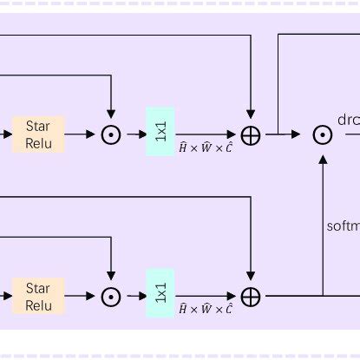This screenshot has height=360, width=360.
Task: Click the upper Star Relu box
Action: pyautogui.click(x=38, y=134)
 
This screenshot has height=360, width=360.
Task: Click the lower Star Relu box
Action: pyautogui.click(x=38, y=296)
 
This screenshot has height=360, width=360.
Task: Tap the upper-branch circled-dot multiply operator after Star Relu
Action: pyautogui.click(x=111, y=134)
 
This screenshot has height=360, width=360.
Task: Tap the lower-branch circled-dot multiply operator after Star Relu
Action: pyautogui.click(x=111, y=296)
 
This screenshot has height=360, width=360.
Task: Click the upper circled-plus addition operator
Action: pyautogui.click(x=250, y=134)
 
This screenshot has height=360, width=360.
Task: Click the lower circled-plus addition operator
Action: pyautogui.click(x=250, y=296)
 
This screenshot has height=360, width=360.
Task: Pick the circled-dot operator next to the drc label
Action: pyautogui.click(x=323, y=134)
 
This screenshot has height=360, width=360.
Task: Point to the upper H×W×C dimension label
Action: pyautogui.click(x=206, y=147)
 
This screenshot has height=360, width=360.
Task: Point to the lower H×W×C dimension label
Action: pyautogui.click(x=206, y=309)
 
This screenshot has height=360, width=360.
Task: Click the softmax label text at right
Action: pyautogui.click(x=343, y=226)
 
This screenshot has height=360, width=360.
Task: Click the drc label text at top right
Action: pyautogui.click(x=348, y=120)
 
